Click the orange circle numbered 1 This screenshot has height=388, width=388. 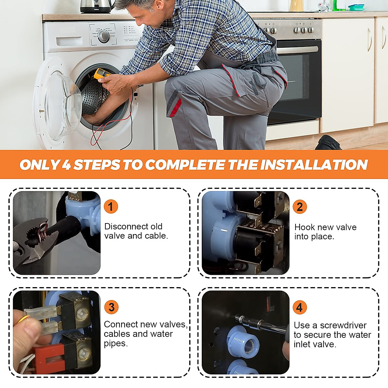pyautogui.click(x=111, y=207)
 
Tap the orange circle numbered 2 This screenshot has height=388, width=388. pyautogui.click(x=300, y=207)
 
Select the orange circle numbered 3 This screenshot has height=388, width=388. pyautogui.click(x=111, y=307)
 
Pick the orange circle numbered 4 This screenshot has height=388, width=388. pyautogui.click(x=300, y=307)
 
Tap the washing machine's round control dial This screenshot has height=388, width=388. pyautogui.click(x=104, y=36)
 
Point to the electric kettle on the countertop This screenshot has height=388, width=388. pyautogui.click(x=96, y=6)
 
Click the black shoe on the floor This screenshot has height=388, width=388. pyautogui.click(x=328, y=143)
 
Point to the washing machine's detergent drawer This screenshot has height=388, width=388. pyautogui.click(x=69, y=41)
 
